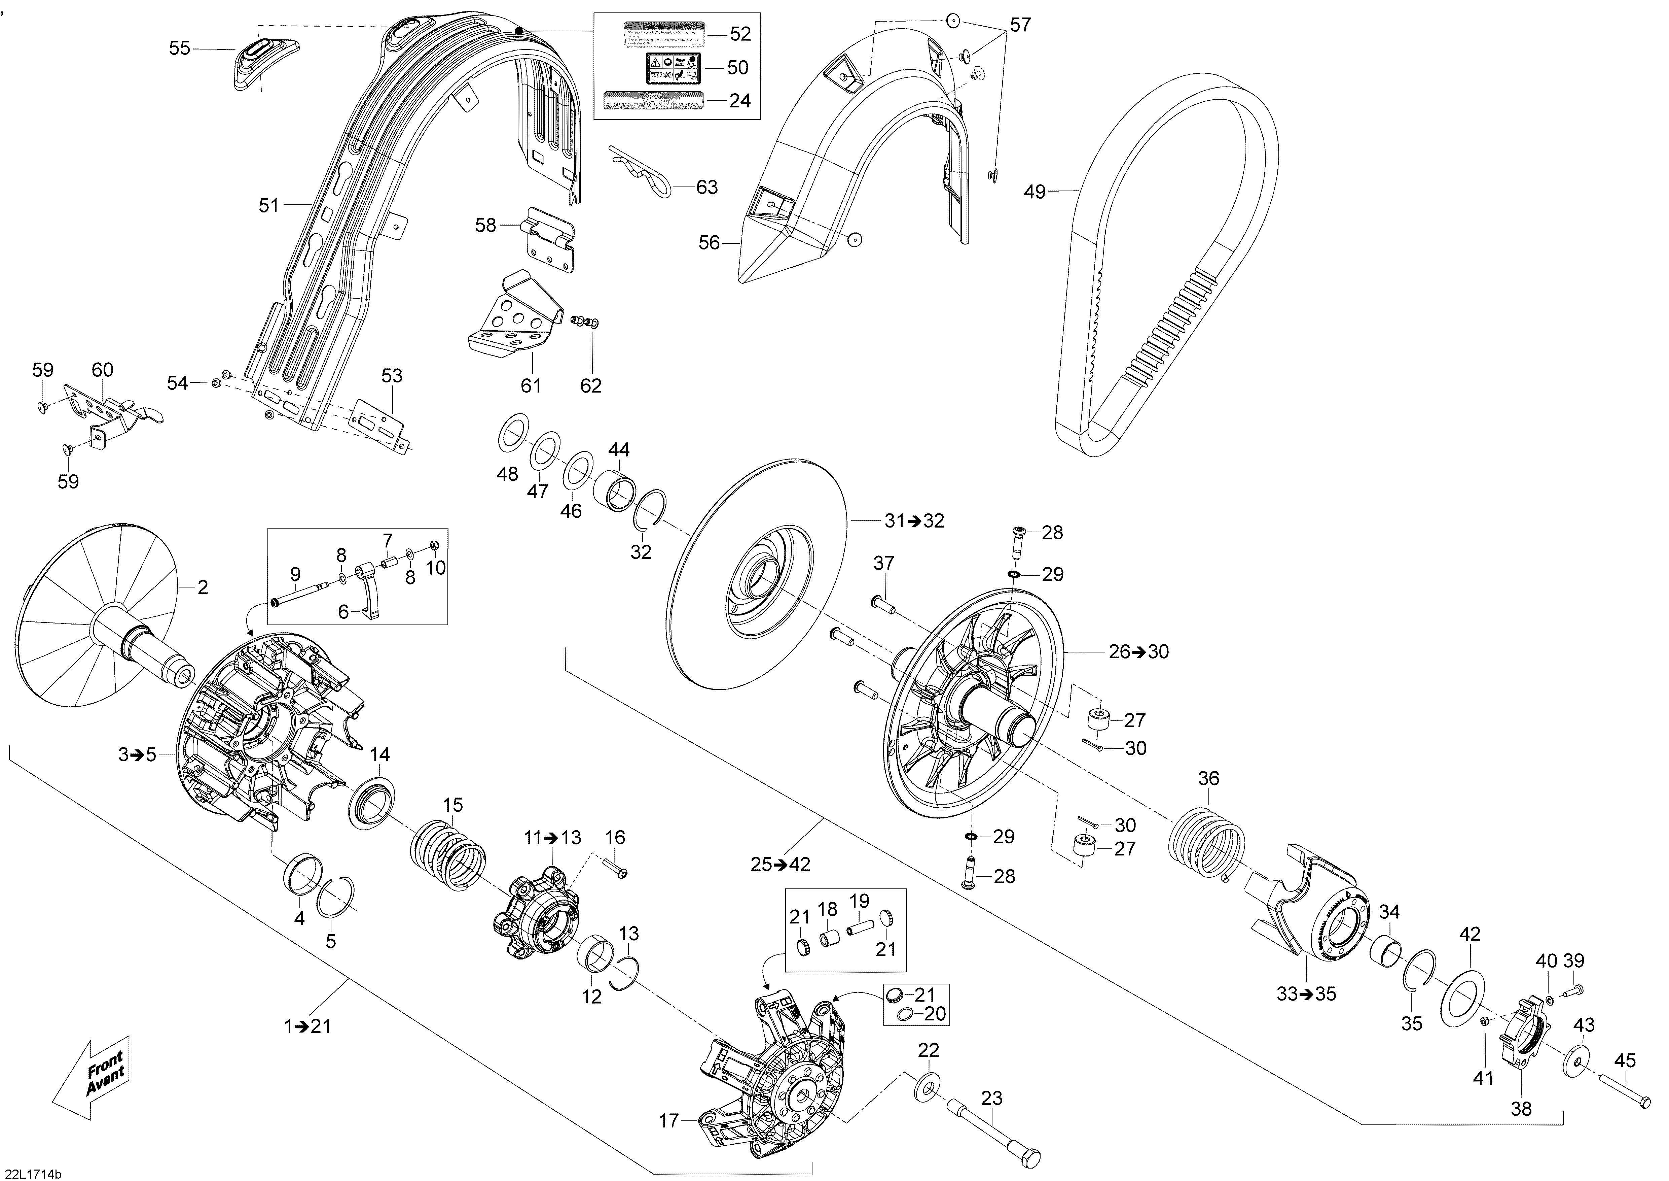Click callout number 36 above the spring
click(x=1208, y=778)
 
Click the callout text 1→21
click(x=307, y=1026)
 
